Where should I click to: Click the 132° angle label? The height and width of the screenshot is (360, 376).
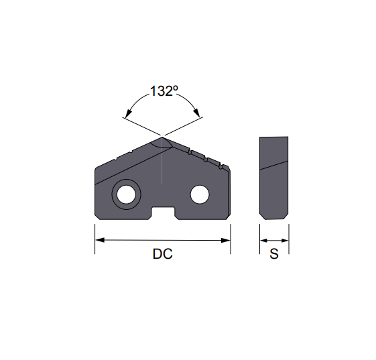[x=164, y=92]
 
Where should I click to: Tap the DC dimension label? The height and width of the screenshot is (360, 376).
[x=162, y=255]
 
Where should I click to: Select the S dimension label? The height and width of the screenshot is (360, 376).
[x=273, y=255]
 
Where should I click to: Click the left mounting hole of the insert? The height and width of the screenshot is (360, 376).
[x=125, y=195]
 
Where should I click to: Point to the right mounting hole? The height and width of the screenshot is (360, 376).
[x=199, y=195]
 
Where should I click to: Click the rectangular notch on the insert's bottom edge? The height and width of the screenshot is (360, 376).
[x=163, y=213]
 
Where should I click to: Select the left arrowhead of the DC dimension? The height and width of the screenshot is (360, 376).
[x=99, y=239]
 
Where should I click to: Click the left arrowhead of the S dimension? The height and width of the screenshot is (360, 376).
[x=263, y=239]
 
